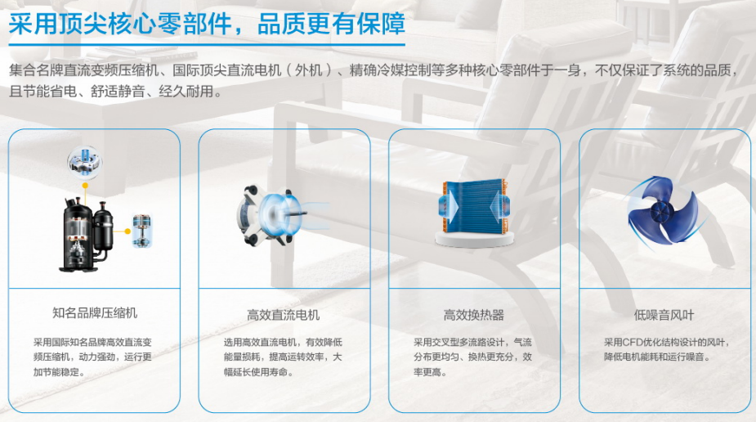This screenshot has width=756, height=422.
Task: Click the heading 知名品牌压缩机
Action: [x=95, y=313]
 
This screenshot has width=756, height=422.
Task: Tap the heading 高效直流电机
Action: [x=284, y=315]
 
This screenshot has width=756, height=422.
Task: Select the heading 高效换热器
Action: [x=474, y=315]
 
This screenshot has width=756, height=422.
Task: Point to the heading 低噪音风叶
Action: [x=664, y=315]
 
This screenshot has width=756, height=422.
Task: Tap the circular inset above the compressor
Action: [x=85, y=163]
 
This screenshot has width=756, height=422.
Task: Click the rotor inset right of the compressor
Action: [x=142, y=231]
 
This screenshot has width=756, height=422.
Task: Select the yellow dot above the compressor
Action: [x=85, y=185]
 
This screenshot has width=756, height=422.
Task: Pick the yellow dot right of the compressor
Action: [x=127, y=231]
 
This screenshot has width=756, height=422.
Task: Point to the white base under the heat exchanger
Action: [x=474, y=239]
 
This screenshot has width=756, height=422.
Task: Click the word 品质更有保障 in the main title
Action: [x=331, y=24]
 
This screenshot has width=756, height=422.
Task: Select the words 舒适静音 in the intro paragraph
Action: [x=119, y=91]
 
